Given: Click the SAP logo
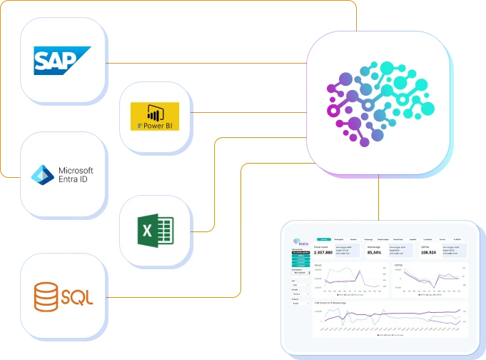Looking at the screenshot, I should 62,59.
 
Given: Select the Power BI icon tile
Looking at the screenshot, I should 156,116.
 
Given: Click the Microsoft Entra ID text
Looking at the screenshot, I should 75,174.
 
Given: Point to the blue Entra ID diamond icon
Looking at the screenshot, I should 44,174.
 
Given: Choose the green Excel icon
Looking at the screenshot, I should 156,231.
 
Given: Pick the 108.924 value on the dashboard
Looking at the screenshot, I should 428,252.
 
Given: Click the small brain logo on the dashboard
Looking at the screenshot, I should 296,241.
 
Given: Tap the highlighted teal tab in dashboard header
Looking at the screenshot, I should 323,239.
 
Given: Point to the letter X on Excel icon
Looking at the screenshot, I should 147,231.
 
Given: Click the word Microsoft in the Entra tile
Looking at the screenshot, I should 76,170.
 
